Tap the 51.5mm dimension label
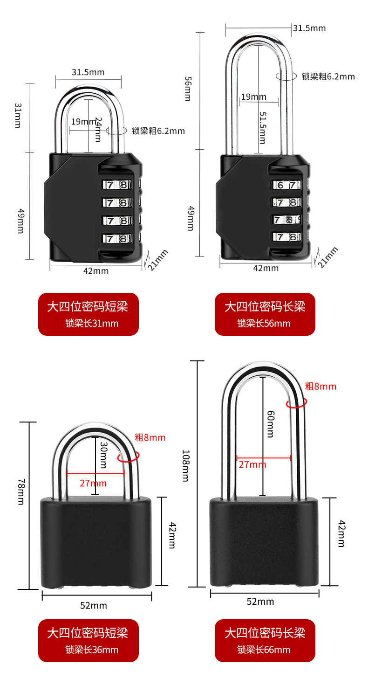click(x=262, y=127)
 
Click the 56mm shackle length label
click(x=187, y=89)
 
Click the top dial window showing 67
click(x=286, y=185)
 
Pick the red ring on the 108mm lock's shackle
click(x=297, y=402)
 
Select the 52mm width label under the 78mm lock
click(x=94, y=605)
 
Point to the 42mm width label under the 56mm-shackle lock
click(x=266, y=268)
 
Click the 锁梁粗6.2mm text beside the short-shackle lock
click(x=158, y=131)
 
